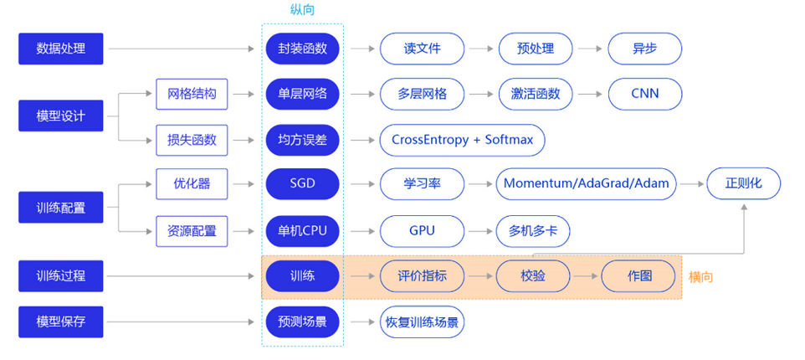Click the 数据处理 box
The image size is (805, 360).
(x=60, y=49)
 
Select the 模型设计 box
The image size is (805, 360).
(x=60, y=116)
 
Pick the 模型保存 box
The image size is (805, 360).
(x=60, y=321)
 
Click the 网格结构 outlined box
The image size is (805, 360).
(x=192, y=94)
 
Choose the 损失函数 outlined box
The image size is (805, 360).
(x=192, y=140)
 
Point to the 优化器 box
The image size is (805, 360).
(x=192, y=183)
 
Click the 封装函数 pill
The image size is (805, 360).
(x=302, y=49)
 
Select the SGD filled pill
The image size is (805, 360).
(x=302, y=183)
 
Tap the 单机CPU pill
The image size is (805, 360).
(x=302, y=230)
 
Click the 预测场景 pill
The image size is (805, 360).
(x=302, y=321)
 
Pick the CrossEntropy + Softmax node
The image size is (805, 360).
(x=462, y=140)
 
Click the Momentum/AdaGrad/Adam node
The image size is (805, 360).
(x=587, y=183)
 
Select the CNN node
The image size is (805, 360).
(x=644, y=94)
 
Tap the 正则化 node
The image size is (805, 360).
(x=743, y=183)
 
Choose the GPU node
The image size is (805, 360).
(x=422, y=230)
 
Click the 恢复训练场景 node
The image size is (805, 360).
(x=422, y=321)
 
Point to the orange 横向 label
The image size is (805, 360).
(x=700, y=275)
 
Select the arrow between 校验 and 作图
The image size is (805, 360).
(x=587, y=275)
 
